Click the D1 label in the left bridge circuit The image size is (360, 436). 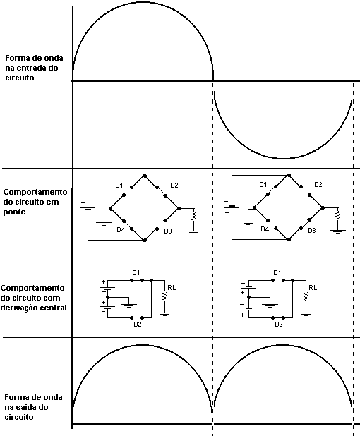point(119,185)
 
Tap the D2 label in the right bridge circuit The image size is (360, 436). point(318,185)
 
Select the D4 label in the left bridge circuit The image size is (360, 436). point(121,230)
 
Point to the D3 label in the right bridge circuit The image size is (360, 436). point(312,230)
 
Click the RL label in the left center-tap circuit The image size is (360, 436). point(172,288)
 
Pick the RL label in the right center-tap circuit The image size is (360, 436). point(313,288)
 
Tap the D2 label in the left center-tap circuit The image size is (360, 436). point(138,325)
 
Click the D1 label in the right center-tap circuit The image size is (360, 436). point(277,273)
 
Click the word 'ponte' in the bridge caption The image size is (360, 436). point(14,212)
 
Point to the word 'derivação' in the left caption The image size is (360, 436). point(17,308)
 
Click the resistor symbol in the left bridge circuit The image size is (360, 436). point(194,216)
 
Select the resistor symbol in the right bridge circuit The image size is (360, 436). point(337,215)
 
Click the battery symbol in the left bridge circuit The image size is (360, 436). point(88,209)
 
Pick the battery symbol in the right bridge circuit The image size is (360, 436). point(232,207)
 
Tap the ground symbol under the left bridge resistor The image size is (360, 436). point(193,232)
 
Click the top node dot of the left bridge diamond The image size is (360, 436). point(145,176)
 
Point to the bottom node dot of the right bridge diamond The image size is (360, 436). point(289,239)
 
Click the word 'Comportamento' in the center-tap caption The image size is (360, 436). point(33,288)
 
